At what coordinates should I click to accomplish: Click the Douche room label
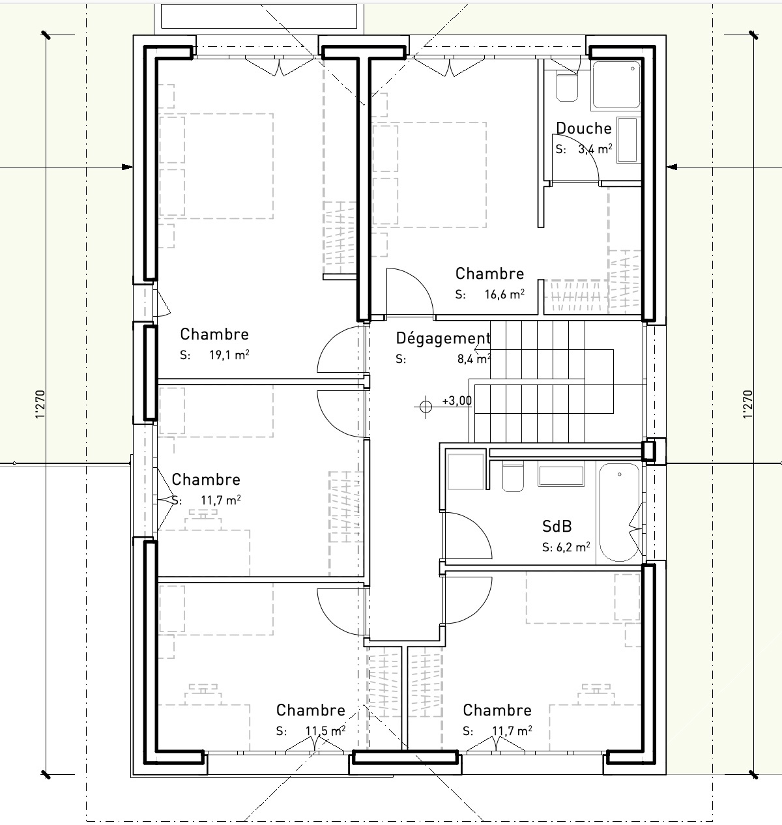click(x=583, y=128)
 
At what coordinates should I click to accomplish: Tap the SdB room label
click(x=557, y=526)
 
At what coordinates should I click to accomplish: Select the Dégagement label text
click(x=442, y=338)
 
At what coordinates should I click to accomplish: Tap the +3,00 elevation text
click(x=456, y=401)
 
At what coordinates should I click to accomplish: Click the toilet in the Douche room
click(x=567, y=87)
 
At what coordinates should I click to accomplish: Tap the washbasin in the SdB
click(x=561, y=475)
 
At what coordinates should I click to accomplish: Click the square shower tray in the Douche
click(x=616, y=85)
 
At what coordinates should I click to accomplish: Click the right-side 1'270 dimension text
click(x=747, y=404)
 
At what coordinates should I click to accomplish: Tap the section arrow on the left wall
click(x=126, y=167)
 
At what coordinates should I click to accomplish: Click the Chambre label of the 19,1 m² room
click(x=214, y=334)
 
